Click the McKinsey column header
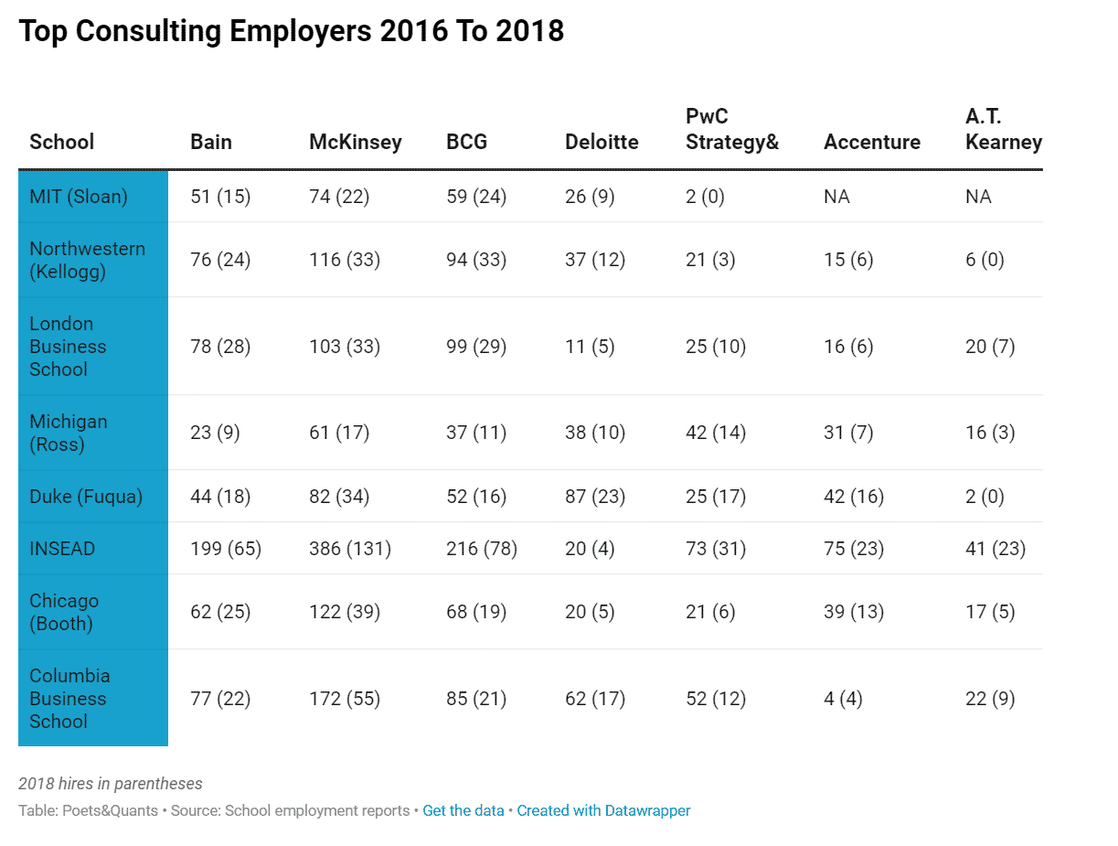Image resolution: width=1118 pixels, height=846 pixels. [x=355, y=142]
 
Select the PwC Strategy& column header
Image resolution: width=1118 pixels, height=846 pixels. [x=731, y=129]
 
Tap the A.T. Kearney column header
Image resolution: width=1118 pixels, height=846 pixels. [x=1003, y=129]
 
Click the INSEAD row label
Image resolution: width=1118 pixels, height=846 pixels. [x=62, y=549]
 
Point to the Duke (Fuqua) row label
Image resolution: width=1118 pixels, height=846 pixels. [x=86, y=497]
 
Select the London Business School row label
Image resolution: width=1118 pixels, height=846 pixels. [x=68, y=347]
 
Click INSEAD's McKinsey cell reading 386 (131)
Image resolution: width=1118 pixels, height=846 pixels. [x=350, y=549]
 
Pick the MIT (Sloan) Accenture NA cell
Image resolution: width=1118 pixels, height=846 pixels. [x=836, y=197]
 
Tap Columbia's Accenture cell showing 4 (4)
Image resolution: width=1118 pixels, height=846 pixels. [x=843, y=699]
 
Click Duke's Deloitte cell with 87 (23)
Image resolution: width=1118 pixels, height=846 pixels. [x=595, y=497]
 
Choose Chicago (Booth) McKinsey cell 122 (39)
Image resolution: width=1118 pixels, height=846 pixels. [x=345, y=612]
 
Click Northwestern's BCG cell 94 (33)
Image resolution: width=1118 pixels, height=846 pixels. [x=476, y=260]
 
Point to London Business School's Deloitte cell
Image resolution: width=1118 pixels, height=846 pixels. [x=590, y=347]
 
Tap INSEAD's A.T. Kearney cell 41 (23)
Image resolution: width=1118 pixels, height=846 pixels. [x=996, y=549]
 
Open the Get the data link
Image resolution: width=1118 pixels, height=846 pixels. [x=463, y=810]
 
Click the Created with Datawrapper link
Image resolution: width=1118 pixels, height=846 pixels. [x=603, y=810]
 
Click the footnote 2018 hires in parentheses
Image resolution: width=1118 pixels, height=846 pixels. [x=111, y=784]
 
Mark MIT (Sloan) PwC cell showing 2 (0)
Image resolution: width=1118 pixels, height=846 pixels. [x=705, y=197]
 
